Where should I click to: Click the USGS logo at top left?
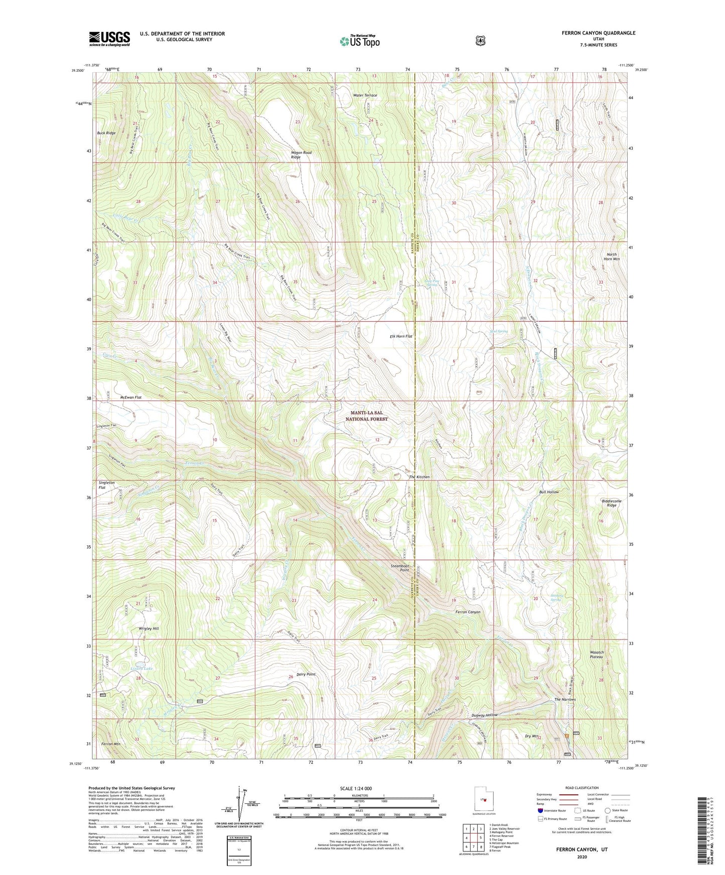click(x=109, y=38)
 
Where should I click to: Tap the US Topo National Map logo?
click(x=359, y=41)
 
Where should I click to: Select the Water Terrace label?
click(x=365, y=95)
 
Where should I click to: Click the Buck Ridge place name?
click(x=106, y=133)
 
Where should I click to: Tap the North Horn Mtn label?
click(x=612, y=257)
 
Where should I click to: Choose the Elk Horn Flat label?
click(x=401, y=336)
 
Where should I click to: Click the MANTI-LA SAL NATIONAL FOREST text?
click(x=369, y=415)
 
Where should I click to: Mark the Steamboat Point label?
click(x=400, y=568)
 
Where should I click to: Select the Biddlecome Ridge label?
click(x=611, y=503)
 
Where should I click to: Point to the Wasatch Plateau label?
click(x=596, y=654)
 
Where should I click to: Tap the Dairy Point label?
click(x=306, y=674)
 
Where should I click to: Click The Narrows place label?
click(x=564, y=699)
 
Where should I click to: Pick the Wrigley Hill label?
click(x=149, y=628)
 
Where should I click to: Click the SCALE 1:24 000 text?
click(x=356, y=788)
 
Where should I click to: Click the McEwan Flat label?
click(x=131, y=397)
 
